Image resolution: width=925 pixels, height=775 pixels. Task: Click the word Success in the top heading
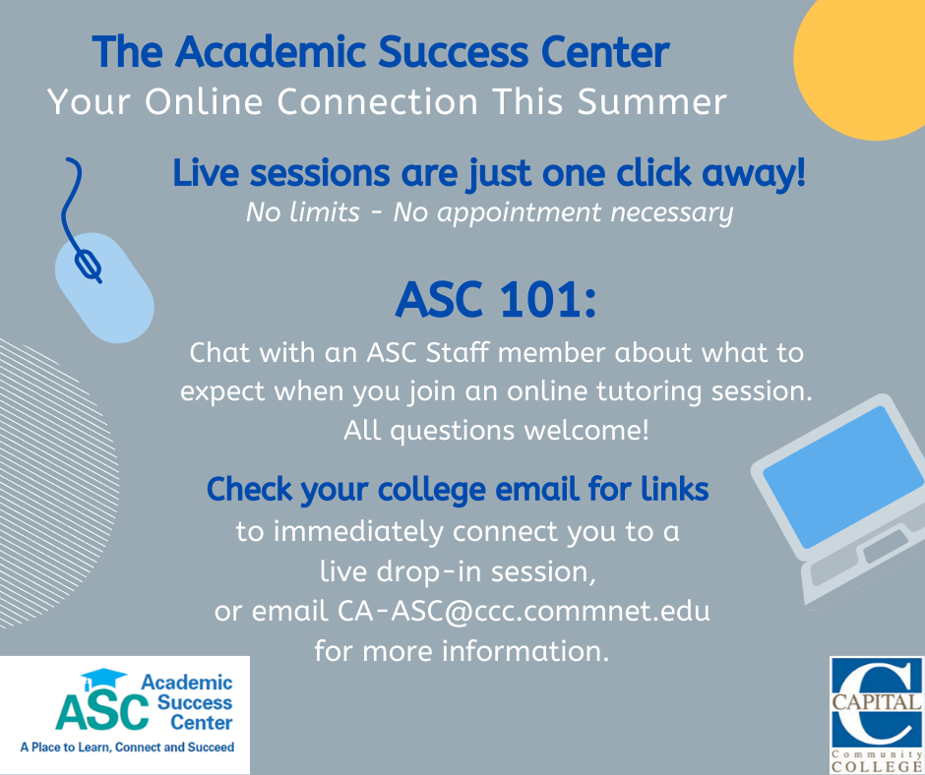(454, 52)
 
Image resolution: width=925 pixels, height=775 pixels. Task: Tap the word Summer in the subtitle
(651, 101)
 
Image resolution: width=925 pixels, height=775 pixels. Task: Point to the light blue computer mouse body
(104, 288)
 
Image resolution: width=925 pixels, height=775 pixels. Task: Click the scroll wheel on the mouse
(88, 265)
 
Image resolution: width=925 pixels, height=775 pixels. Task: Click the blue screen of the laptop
(843, 477)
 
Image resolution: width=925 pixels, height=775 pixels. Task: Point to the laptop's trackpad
(886, 546)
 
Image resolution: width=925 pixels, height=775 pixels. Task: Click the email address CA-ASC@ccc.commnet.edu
(524, 611)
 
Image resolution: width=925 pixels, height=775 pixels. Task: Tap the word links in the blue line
(675, 490)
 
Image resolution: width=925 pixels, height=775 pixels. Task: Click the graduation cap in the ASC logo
(102, 679)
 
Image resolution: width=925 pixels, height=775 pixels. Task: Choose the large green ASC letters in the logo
(102, 711)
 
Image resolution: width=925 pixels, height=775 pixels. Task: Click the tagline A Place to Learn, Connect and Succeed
(127, 747)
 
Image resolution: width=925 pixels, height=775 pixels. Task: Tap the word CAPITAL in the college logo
(877, 702)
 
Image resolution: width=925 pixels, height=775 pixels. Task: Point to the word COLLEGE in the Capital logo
(877, 767)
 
